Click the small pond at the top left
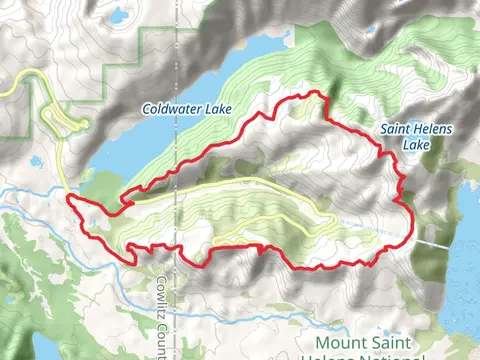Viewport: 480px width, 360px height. click(x=119, y=16)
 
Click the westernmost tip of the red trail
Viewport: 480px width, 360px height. click(x=68, y=199)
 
